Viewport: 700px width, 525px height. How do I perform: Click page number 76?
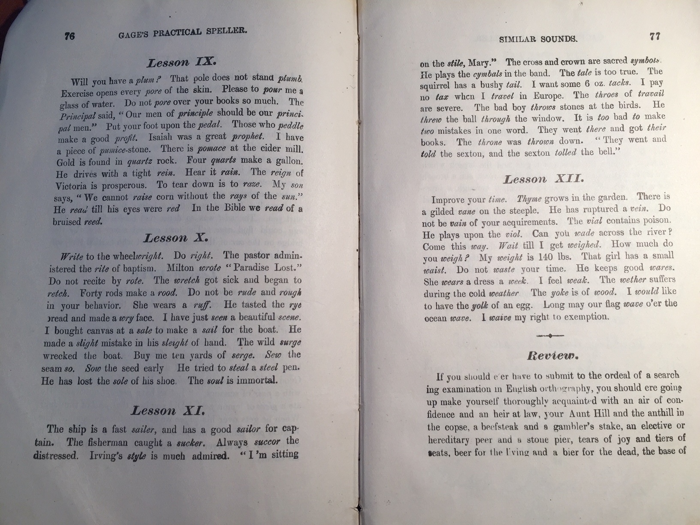tap(69, 36)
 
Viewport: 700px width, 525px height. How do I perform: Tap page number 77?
tap(655, 36)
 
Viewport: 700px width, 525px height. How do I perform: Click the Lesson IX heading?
tap(180, 62)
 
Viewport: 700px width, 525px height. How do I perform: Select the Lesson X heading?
tap(176, 238)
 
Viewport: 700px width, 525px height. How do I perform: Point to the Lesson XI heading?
tap(168, 411)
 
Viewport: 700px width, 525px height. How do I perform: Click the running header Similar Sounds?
tap(538, 39)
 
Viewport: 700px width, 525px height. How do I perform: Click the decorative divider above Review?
tap(550, 335)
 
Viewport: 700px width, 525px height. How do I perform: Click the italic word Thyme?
tap(530, 199)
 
